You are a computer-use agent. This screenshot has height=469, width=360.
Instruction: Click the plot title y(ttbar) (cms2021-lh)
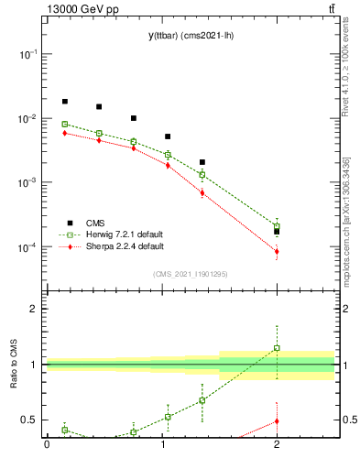[x=191, y=35]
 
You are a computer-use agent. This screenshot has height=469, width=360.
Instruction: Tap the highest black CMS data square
[x=64, y=102]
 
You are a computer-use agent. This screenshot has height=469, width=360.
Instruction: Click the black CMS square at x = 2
[x=277, y=232]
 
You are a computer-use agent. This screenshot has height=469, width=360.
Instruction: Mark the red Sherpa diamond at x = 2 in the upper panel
[x=277, y=251]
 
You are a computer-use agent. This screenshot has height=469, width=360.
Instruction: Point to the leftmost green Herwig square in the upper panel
[x=64, y=124]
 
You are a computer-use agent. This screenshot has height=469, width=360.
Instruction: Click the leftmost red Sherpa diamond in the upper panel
[x=64, y=133]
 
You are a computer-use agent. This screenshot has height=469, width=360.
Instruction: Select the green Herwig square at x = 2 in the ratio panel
[x=277, y=348]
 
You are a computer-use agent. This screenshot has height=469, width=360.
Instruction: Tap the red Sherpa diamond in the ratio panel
[x=277, y=421]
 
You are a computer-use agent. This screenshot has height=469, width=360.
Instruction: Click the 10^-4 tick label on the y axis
[x=27, y=248]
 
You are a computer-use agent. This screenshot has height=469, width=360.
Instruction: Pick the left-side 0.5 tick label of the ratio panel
[x=29, y=420]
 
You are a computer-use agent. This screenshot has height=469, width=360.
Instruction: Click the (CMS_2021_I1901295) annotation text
[x=191, y=274]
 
